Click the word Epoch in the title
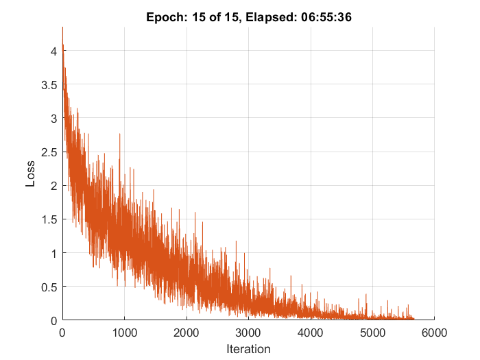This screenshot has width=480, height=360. point(163,18)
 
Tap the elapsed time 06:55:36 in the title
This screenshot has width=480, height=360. point(325,18)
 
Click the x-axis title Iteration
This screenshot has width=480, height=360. point(248,349)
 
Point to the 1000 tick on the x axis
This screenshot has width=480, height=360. point(124,333)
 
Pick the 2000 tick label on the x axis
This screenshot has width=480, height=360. point(187,333)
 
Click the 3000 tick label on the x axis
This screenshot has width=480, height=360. point(248,333)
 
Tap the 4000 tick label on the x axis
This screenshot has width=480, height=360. point(311,333)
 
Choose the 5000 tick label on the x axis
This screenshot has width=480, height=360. point(372,333)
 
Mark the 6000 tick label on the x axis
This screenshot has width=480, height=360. point(434,333)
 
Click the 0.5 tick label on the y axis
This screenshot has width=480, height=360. point(48,287)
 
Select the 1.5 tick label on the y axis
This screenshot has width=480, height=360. point(48,219)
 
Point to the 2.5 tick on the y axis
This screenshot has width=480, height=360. point(48,152)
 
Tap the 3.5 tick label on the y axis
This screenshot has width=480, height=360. point(48,84)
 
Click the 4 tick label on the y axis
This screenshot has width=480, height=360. point(53,51)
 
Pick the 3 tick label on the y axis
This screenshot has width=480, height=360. point(53,118)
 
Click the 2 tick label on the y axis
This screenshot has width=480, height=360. point(53,185)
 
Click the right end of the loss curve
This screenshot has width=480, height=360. point(413,318)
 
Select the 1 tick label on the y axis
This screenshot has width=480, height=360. point(53,253)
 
